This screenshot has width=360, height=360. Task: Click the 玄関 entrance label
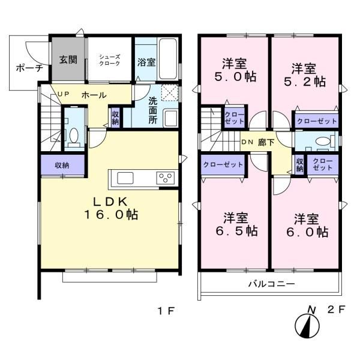click(x=68, y=59)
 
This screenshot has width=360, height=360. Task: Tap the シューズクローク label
click(x=110, y=60)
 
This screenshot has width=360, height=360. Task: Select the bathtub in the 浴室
click(x=168, y=59)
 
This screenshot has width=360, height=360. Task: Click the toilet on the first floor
click(x=74, y=137)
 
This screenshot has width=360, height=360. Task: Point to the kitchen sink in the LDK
click(x=125, y=178)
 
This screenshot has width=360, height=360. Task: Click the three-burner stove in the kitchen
click(x=166, y=178)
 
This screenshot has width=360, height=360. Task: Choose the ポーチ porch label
click(x=29, y=68)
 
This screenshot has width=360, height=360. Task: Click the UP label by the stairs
click(x=63, y=94)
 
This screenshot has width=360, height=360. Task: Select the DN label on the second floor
click(x=247, y=142)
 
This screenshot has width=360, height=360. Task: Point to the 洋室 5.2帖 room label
click(x=305, y=75)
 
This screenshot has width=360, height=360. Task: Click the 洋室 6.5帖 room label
click(x=236, y=224)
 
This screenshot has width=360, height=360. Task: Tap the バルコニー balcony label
click(x=272, y=284)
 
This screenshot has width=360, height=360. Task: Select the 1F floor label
click(x=166, y=311)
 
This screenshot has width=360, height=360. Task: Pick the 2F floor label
click(x=337, y=310)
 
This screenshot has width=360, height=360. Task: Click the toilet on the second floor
click(x=325, y=141)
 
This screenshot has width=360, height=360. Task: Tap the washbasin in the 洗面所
click(x=170, y=118)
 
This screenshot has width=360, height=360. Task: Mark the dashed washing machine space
click(x=170, y=92)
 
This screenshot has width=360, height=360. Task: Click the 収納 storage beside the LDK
click(x=62, y=166)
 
